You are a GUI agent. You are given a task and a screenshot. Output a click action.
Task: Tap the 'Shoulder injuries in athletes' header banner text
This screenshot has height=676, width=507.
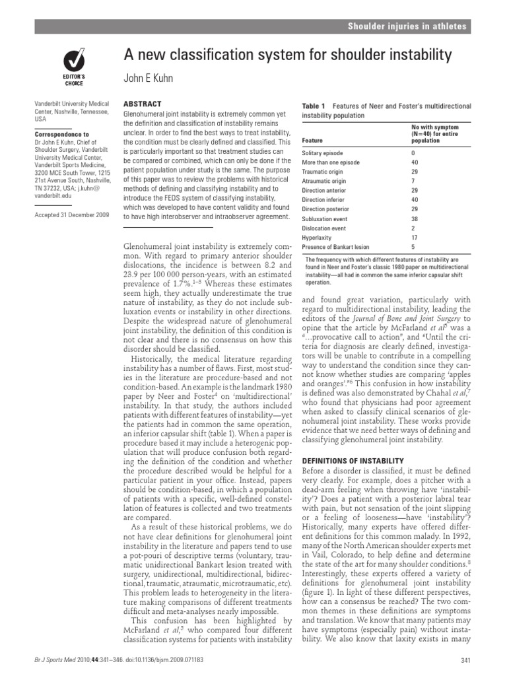[x=408, y=26]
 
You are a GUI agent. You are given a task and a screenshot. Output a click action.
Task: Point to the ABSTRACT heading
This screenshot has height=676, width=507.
[x=143, y=104]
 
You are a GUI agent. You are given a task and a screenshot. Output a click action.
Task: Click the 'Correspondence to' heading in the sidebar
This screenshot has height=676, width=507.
[x=63, y=134]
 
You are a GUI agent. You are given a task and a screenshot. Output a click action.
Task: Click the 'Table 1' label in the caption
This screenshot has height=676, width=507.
[x=314, y=106]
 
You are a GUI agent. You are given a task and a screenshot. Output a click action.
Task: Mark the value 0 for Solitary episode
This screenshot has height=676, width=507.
[x=414, y=152]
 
